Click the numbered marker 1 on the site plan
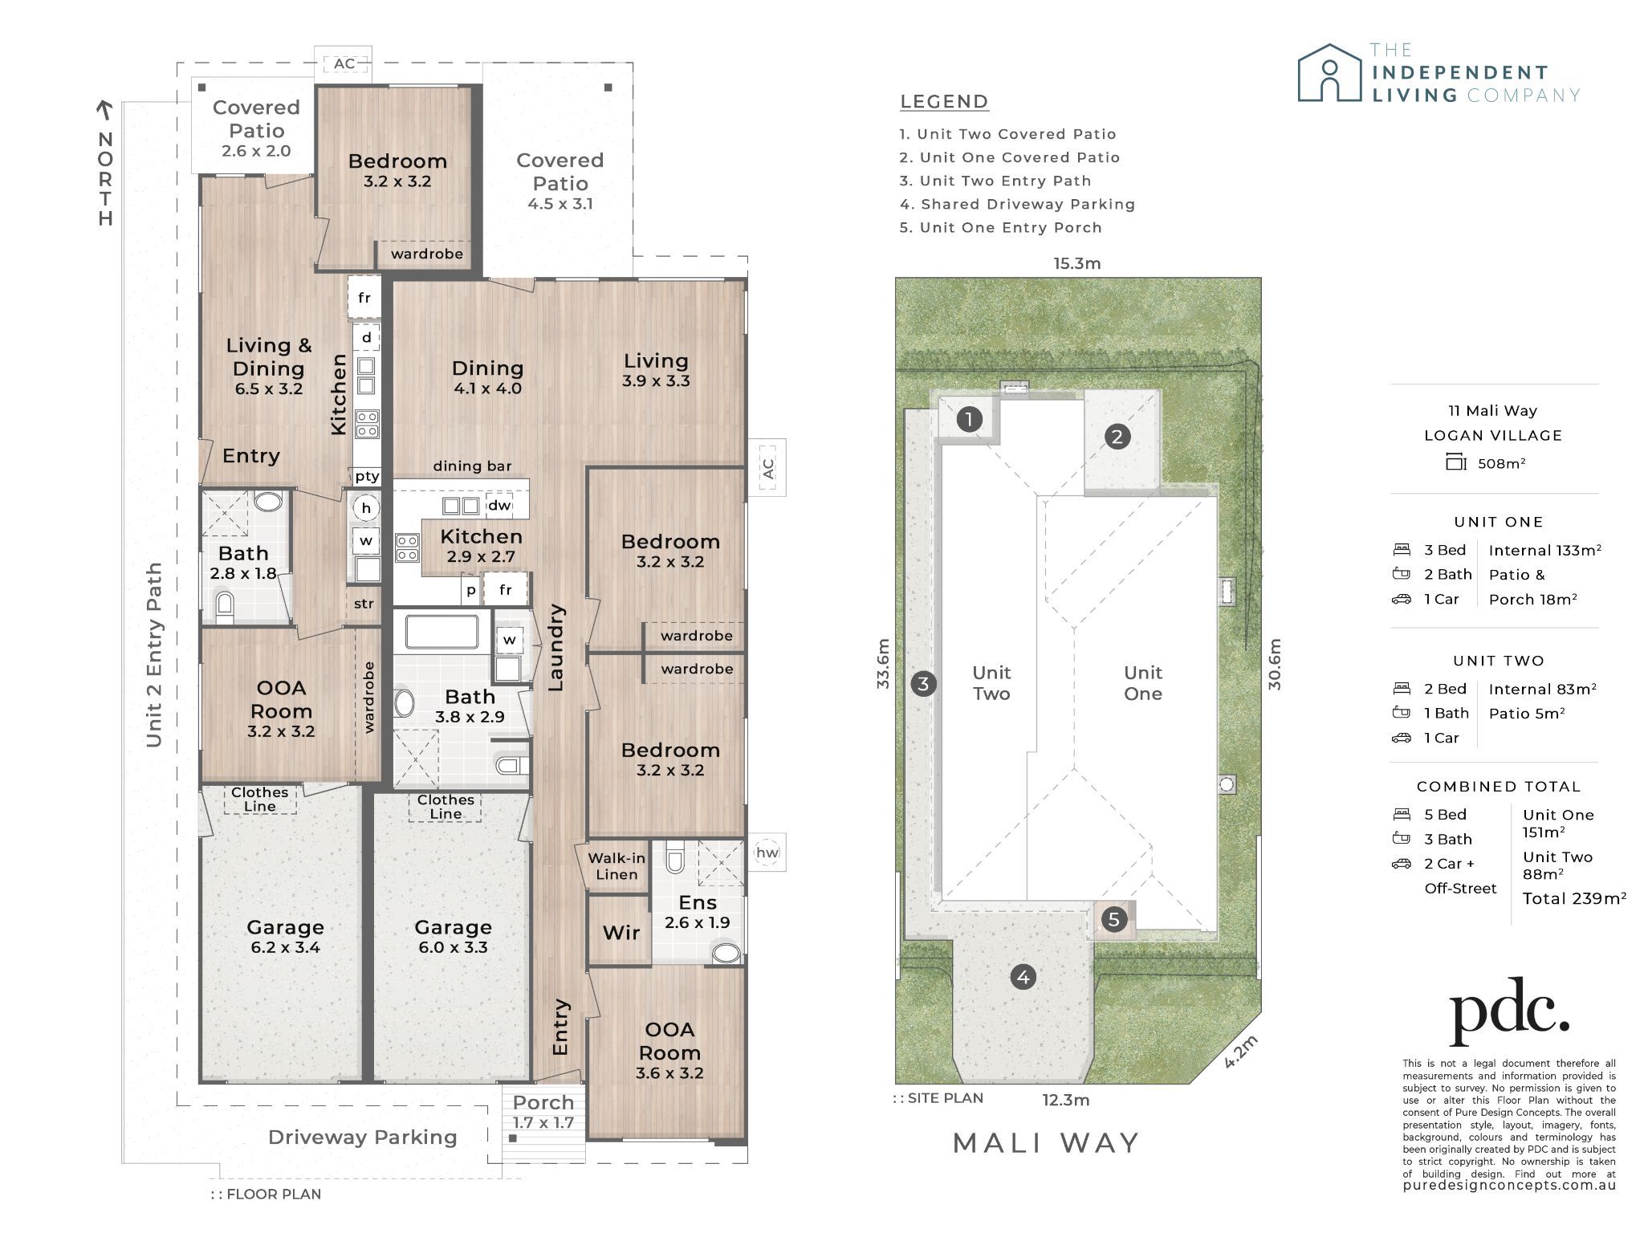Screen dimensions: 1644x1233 click(970, 419)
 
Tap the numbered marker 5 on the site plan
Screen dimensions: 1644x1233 click(1113, 919)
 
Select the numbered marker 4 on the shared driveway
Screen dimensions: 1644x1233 click(1023, 977)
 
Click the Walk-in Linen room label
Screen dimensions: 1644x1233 click(616, 866)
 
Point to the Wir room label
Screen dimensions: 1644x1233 click(621, 933)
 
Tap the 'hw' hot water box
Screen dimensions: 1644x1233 click(767, 853)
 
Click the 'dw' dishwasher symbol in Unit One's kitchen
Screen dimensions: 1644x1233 click(499, 505)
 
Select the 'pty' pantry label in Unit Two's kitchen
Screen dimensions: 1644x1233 click(367, 476)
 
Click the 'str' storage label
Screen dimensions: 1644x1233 click(364, 604)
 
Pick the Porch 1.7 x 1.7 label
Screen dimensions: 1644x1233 click(543, 1112)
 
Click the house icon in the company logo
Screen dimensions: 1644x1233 click(1330, 73)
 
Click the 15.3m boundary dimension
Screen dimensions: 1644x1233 click(1077, 263)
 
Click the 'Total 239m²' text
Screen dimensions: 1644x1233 click(1575, 898)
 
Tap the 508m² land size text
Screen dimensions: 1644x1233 click(1501, 463)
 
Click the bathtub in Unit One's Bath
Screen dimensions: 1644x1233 click(442, 632)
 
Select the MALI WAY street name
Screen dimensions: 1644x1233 click(1046, 1142)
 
